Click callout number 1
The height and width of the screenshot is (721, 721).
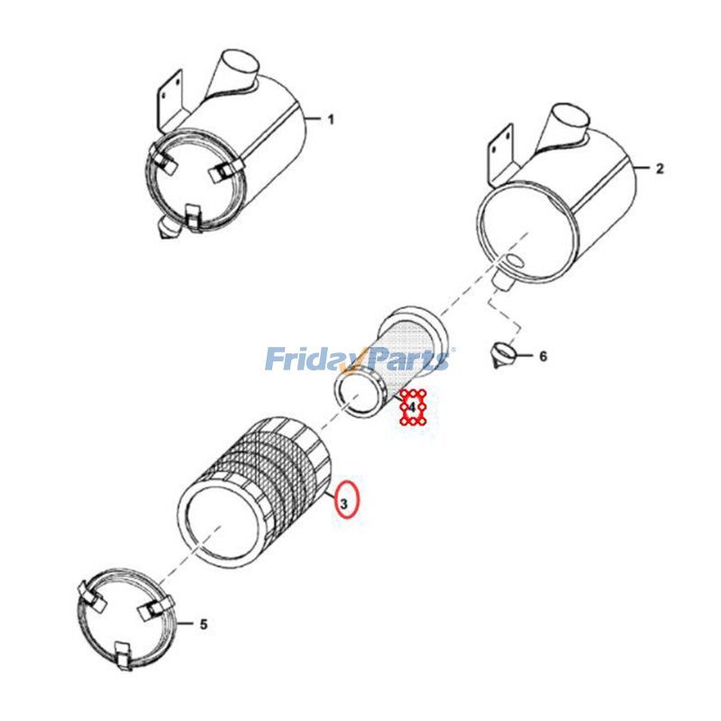click(331, 120)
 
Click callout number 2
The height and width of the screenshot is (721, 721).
click(660, 169)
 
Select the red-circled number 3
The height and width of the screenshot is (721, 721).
click(344, 504)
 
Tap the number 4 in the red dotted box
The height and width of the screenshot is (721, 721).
click(412, 407)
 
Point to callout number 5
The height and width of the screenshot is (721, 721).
click(204, 624)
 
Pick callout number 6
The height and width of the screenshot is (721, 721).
click(543, 356)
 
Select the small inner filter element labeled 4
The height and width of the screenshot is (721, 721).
click(390, 362)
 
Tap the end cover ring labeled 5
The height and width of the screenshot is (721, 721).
click(125, 618)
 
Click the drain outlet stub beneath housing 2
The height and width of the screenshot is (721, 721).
click(503, 280)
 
